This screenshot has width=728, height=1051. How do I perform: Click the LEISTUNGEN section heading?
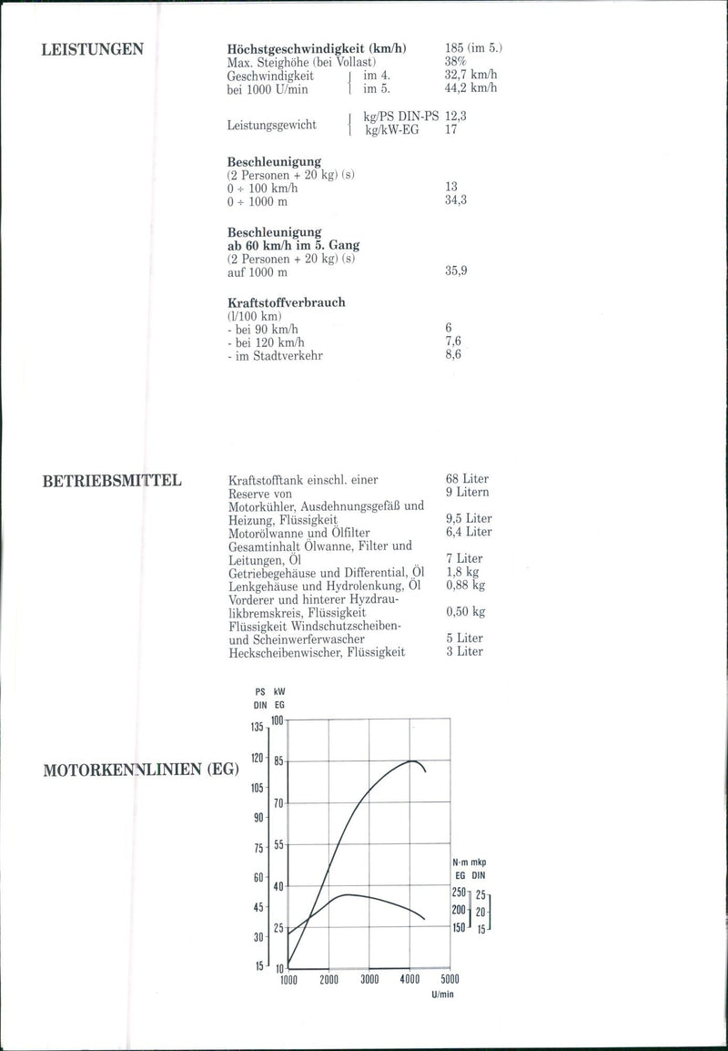click(93, 49)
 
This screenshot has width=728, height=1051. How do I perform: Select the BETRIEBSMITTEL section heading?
click(112, 481)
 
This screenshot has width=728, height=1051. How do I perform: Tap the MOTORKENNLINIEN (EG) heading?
click(141, 770)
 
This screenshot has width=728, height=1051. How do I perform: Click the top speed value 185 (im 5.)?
click(474, 48)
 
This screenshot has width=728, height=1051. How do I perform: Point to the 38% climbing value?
click(457, 62)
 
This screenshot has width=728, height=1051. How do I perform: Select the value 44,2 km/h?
click(471, 88)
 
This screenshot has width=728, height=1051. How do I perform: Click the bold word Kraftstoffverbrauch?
click(286, 302)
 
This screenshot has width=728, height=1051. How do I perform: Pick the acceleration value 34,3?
click(456, 199)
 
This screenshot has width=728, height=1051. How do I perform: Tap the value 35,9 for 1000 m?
click(456, 270)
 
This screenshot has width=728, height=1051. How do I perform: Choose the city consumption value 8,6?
click(453, 354)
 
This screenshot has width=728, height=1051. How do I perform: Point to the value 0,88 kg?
click(466, 585)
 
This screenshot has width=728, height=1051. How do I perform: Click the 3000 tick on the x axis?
click(369, 980)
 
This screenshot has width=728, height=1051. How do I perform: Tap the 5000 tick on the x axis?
click(450, 980)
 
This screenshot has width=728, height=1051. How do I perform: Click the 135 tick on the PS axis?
click(257, 727)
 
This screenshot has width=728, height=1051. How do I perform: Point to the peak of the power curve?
click(411, 760)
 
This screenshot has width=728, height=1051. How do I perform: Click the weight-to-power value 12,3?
click(458, 117)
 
